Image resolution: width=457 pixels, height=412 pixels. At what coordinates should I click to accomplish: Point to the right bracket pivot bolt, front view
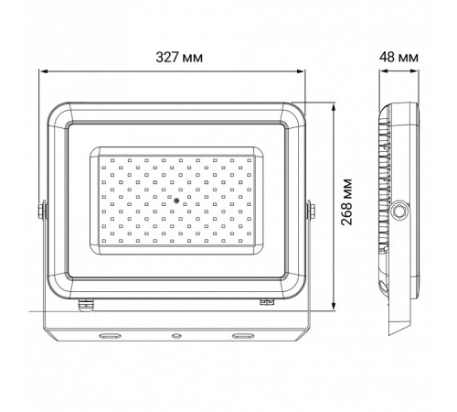tap(310, 211)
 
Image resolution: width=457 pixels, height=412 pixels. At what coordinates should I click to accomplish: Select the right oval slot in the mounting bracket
tap(242, 336)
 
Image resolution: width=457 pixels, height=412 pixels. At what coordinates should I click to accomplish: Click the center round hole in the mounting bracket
tap(175, 336)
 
